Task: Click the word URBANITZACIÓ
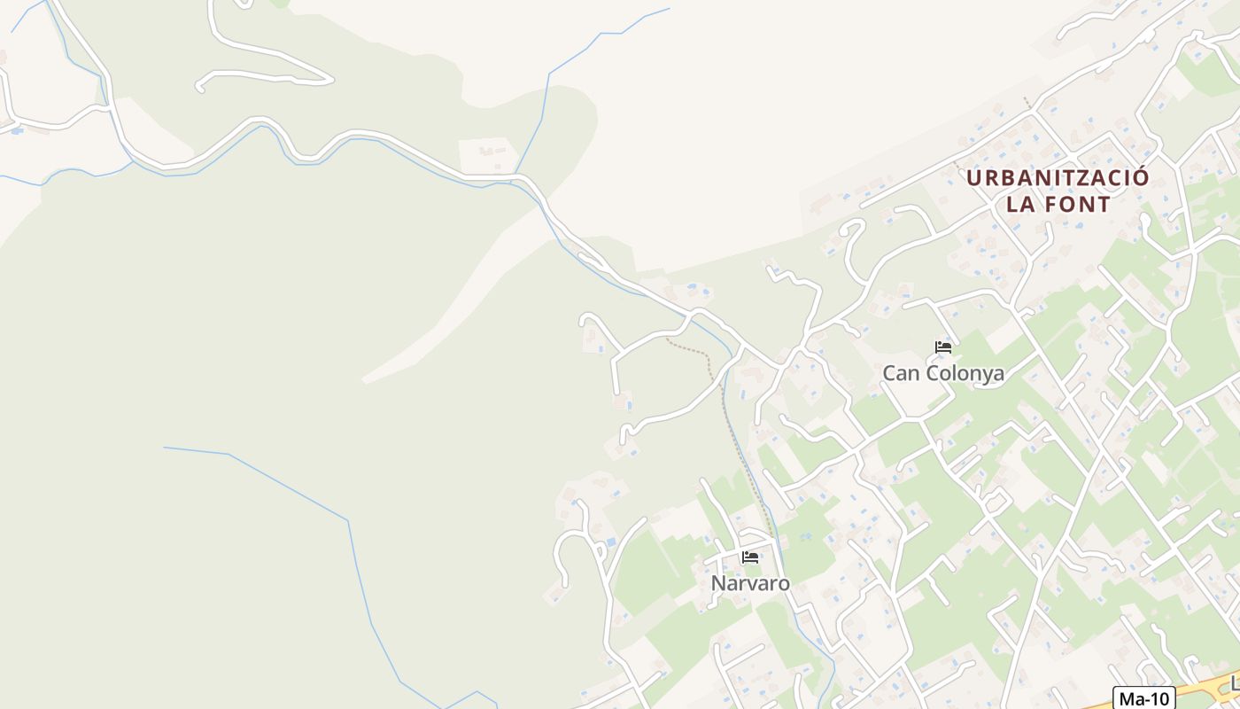coord(1058,177)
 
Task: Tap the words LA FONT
coord(1058,204)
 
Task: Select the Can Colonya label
coord(943,373)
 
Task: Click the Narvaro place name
coord(750,582)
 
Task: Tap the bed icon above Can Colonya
coord(943,347)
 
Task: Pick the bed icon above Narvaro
coord(750,557)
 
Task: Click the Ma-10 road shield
coord(1144,697)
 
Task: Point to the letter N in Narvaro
coord(718,582)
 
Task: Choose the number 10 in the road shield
coord(1159,697)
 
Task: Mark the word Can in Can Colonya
coord(899,373)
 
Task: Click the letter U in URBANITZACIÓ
coord(973,177)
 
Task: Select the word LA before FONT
coord(1020,204)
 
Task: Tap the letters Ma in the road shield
coord(1131,697)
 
